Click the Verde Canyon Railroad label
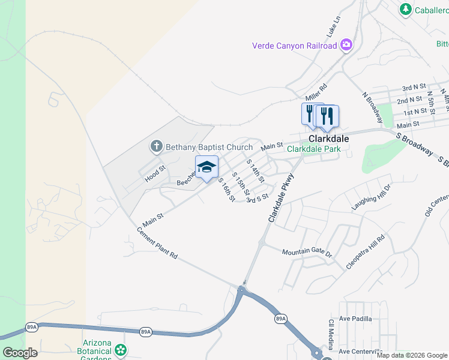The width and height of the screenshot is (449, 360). click(294, 46)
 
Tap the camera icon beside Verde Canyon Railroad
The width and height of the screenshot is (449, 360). click(346, 45)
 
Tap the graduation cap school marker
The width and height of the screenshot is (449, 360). click(206, 168)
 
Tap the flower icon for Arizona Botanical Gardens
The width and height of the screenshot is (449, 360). click(121, 350)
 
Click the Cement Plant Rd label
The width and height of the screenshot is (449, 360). click(157, 242)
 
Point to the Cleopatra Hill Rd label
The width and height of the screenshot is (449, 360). click(365, 253)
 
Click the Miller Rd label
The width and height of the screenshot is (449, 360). click(316, 92)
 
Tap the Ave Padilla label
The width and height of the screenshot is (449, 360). click(355, 319)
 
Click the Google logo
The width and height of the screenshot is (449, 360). click(20, 353)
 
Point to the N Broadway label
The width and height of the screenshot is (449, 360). click(372, 105)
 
